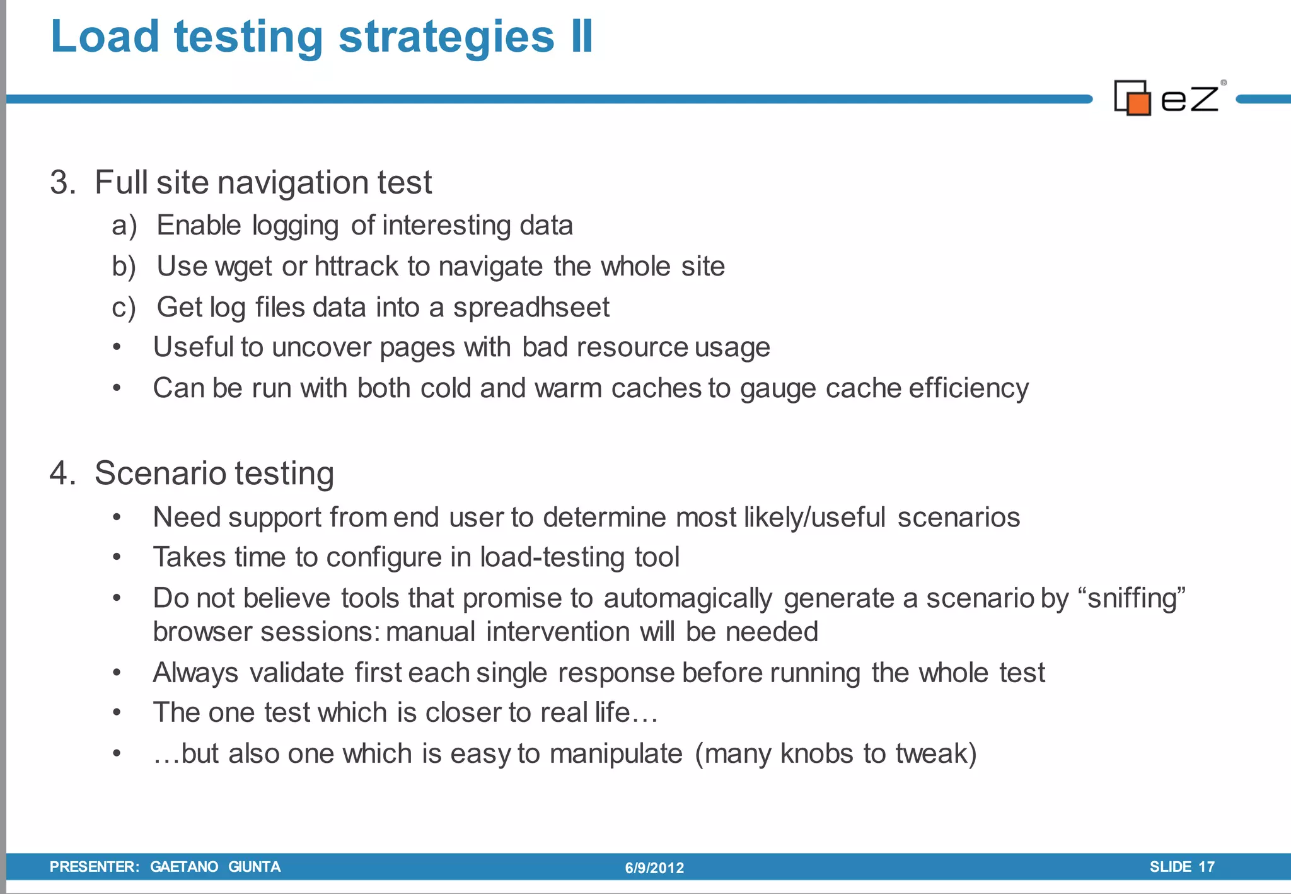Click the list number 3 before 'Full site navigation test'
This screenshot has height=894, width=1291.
pos(62,183)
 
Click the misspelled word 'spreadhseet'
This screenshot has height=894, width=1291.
pos(531,308)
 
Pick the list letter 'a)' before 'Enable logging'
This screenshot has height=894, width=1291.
pos(124,226)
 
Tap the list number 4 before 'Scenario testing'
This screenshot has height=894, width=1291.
pos(62,473)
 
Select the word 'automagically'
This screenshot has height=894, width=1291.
pos(688,598)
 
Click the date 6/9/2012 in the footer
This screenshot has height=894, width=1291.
pos(654,868)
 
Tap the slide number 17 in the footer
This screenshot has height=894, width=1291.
pos(1206,867)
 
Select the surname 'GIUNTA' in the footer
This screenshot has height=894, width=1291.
pos(254,867)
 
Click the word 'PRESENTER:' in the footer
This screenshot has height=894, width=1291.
pos(95,867)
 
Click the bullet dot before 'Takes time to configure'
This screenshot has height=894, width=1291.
pos(117,557)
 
